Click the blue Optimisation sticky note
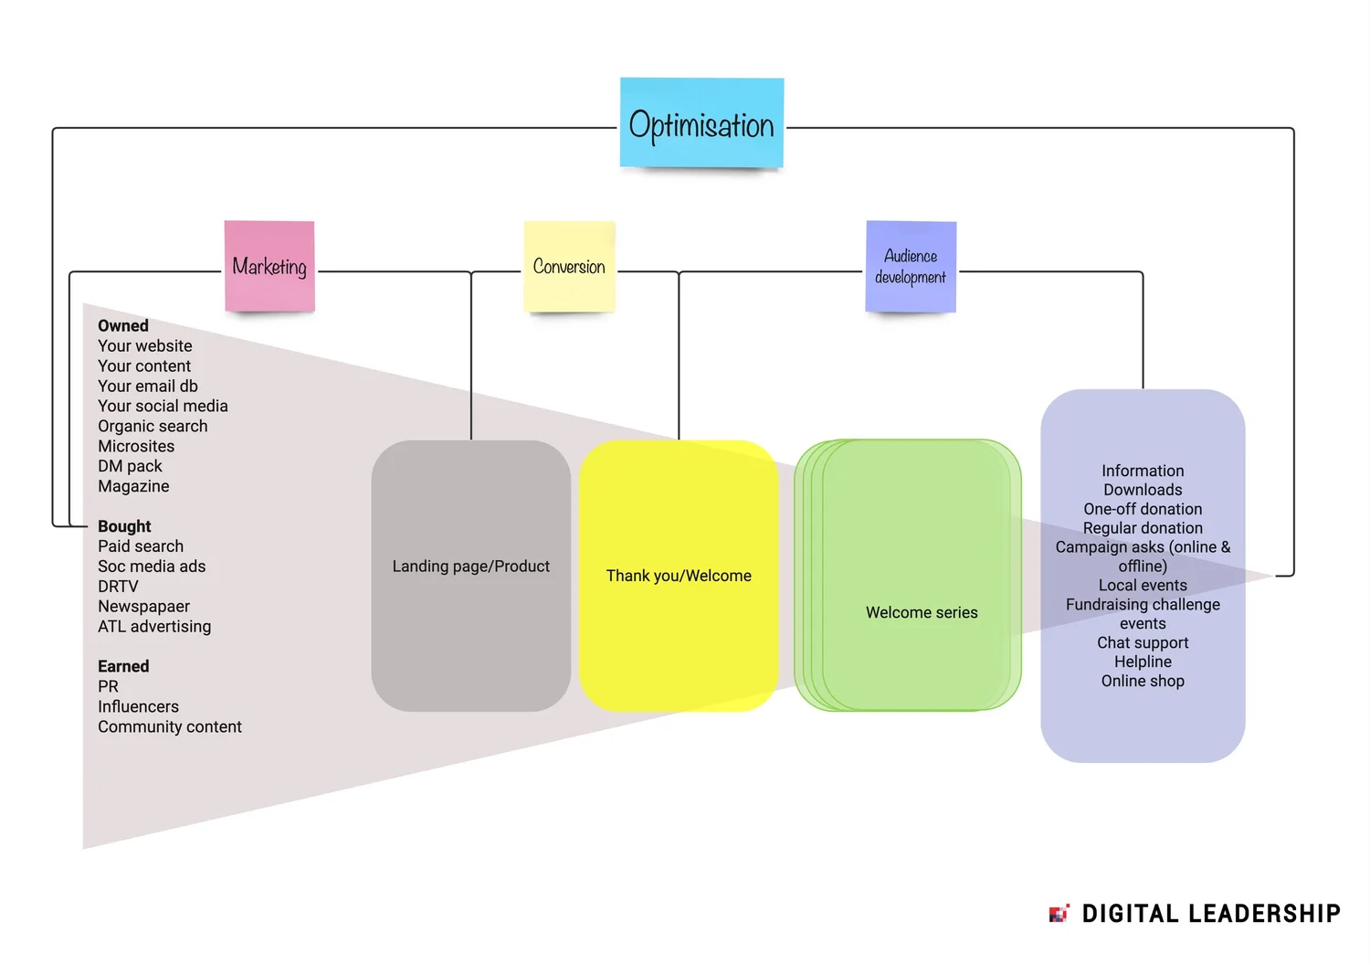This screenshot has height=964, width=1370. pos(701,123)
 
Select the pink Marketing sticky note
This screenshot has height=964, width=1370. pos(269,266)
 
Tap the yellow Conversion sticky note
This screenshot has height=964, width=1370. pos(569,266)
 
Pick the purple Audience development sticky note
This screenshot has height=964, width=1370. pos(911,266)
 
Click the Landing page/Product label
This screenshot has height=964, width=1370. pos(470,567)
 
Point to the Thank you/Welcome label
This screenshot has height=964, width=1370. pos(679,576)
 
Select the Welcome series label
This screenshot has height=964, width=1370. pos(922,612)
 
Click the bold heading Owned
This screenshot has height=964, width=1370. pos(123,326)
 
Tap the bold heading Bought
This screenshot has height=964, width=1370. pos(124,526)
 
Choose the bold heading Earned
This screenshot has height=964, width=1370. pos(123,666)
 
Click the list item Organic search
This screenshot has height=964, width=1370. pos(153,426)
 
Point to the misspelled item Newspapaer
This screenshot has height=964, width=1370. pos(143,606)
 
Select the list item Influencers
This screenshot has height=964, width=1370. pos(138,706)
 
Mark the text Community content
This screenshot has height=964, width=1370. pos(170,726)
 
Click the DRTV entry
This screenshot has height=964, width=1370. pos(118,586)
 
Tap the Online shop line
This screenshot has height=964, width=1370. pos(1143,681)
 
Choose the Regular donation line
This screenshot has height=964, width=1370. pos(1143,528)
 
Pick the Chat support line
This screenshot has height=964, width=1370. pos(1143,642)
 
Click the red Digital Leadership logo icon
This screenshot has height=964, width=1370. pos(1059,913)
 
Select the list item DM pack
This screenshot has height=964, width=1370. pos(130,466)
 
